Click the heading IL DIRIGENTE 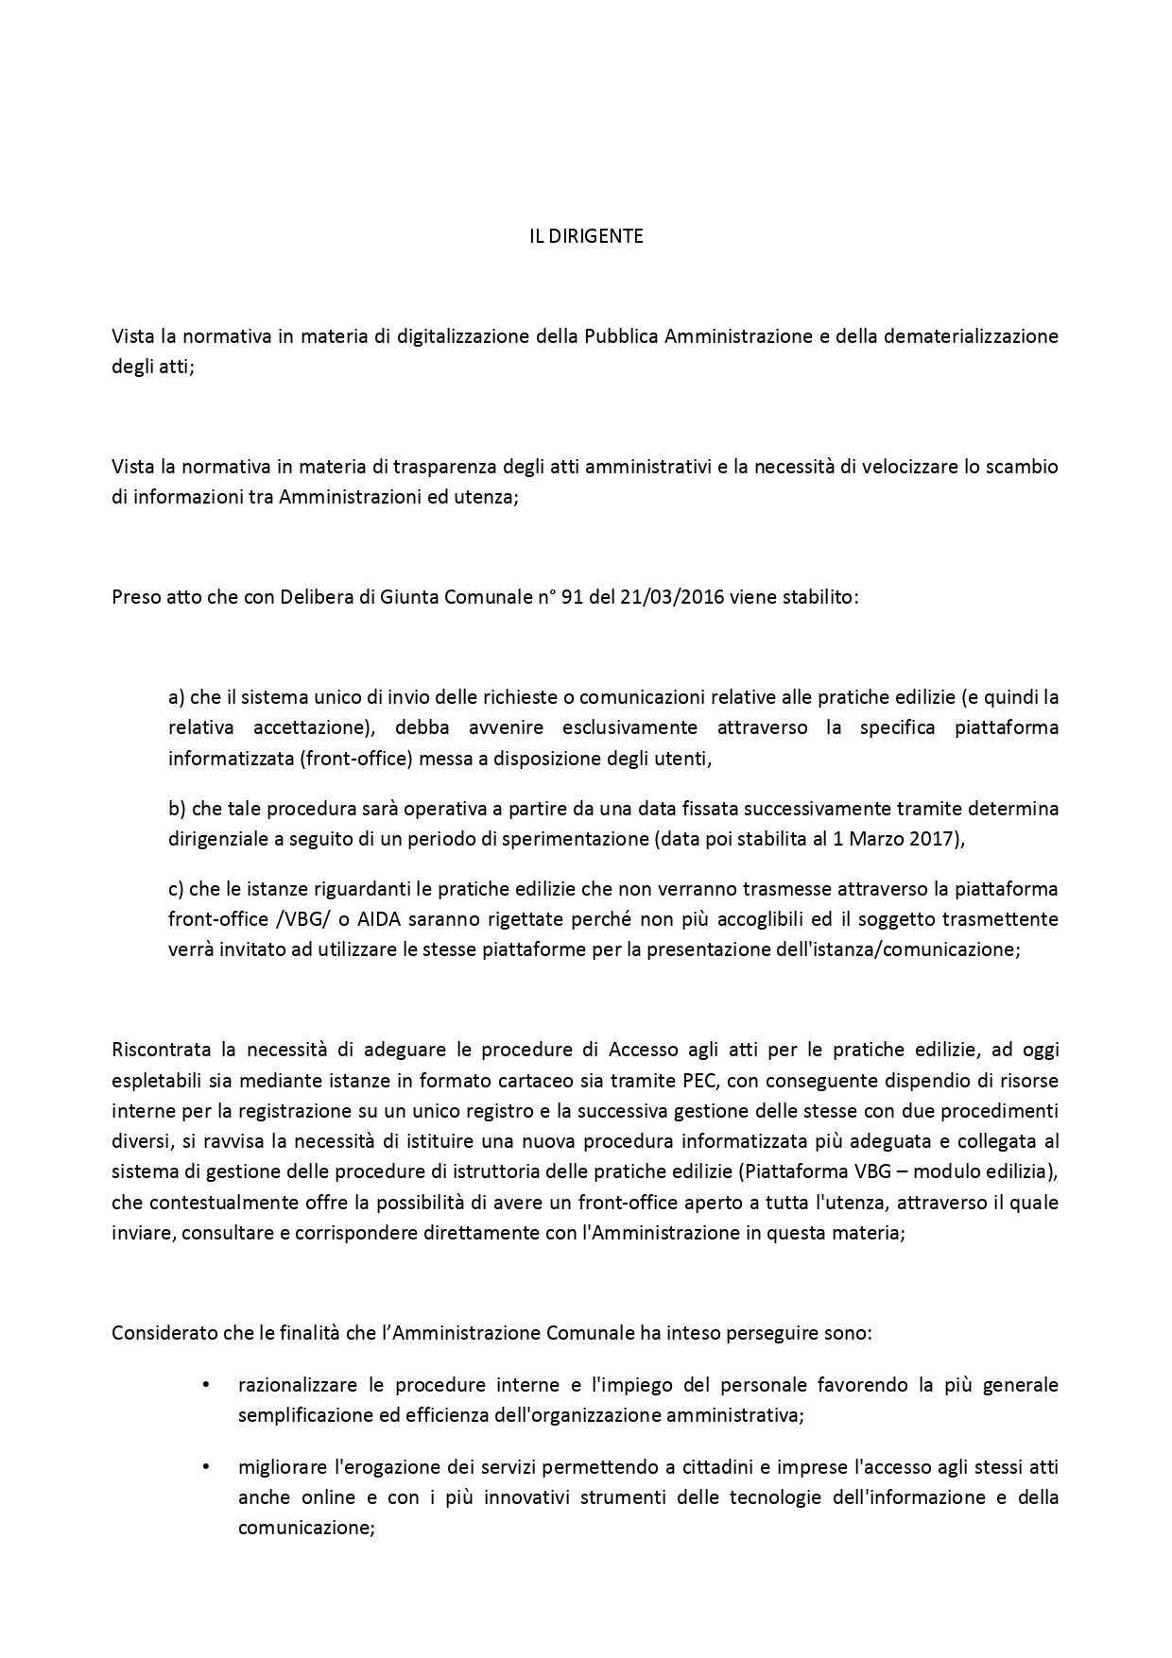[586, 237]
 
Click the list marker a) [176, 698]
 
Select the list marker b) [177, 809]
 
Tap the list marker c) [176, 889]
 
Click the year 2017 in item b [940, 839]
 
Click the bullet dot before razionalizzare [205, 1386]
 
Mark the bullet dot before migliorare [205, 1468]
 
